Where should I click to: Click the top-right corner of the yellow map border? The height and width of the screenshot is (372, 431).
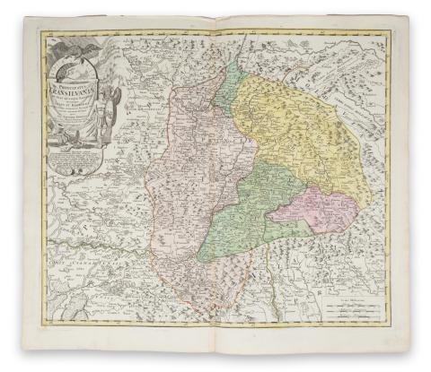coord(389,34)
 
